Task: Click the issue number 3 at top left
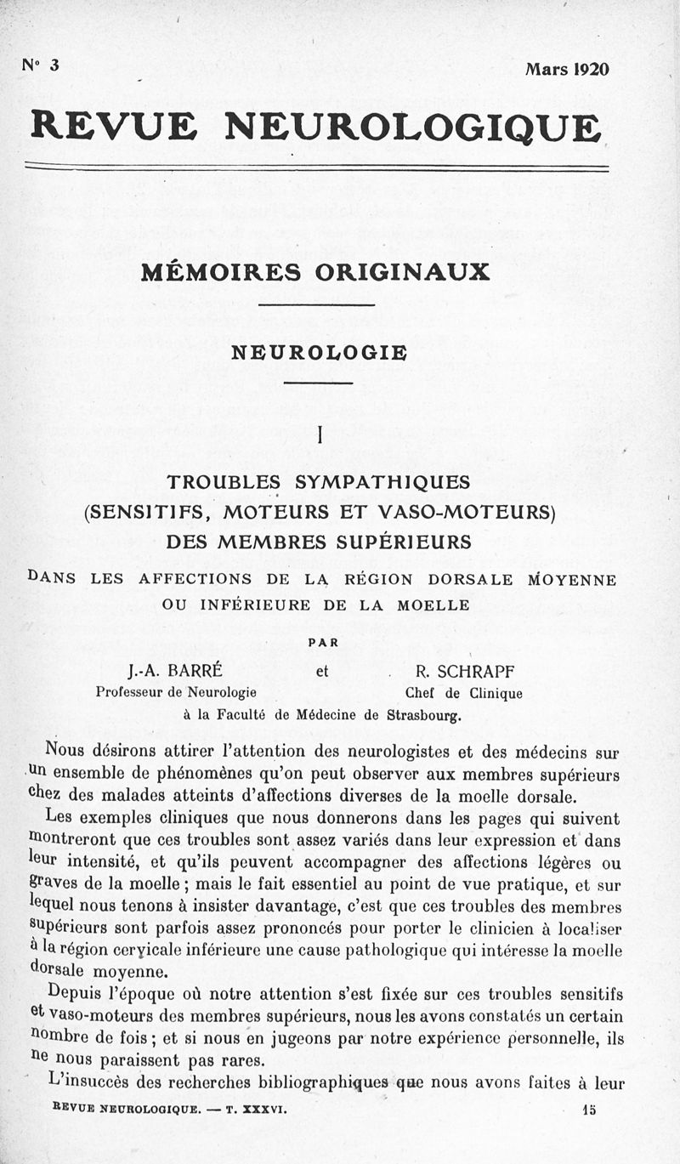(x=54, y=66)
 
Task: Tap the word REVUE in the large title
(x=114, y=127)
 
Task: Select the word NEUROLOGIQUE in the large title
(x=412, y=127)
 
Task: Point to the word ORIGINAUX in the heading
(x=402, y=272)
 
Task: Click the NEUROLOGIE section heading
(x=319, y=352)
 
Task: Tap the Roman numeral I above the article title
(x=320, y=434)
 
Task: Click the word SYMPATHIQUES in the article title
(x=382, y=482)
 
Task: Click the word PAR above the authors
(x=322, y=643)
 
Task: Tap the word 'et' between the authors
(x=322, y=671)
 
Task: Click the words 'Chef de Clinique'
(x=464, y=693)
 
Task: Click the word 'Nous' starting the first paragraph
(x=65, y=752)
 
